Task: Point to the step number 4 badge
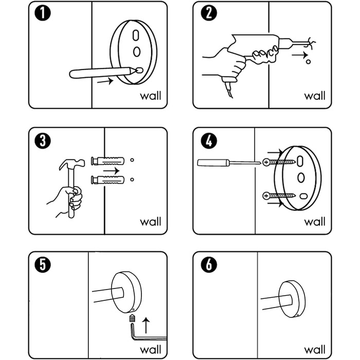[209, 140]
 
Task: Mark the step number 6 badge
[209, 265]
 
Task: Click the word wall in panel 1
[150, 96]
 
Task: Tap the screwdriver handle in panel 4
[213, 163]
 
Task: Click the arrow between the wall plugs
[111, 170]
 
